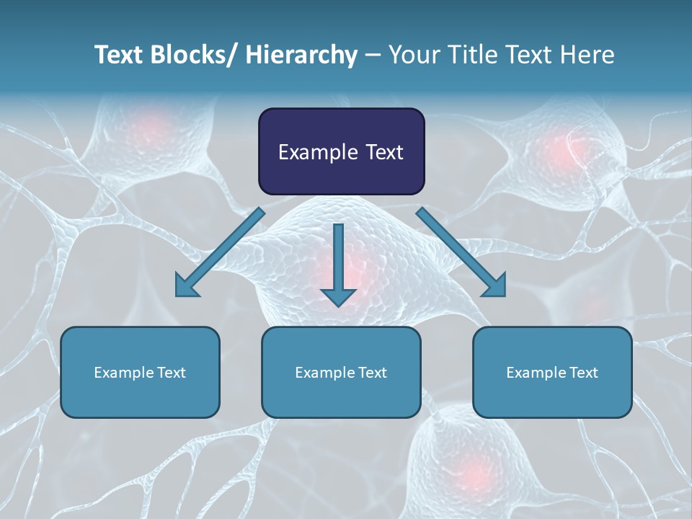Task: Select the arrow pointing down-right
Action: [458, 249]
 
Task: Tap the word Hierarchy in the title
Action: [301, 55]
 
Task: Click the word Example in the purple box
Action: [317, 152]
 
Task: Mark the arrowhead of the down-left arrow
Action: [186, 285]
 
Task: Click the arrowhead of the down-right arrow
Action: [495, 285]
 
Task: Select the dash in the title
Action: [373, 55]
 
